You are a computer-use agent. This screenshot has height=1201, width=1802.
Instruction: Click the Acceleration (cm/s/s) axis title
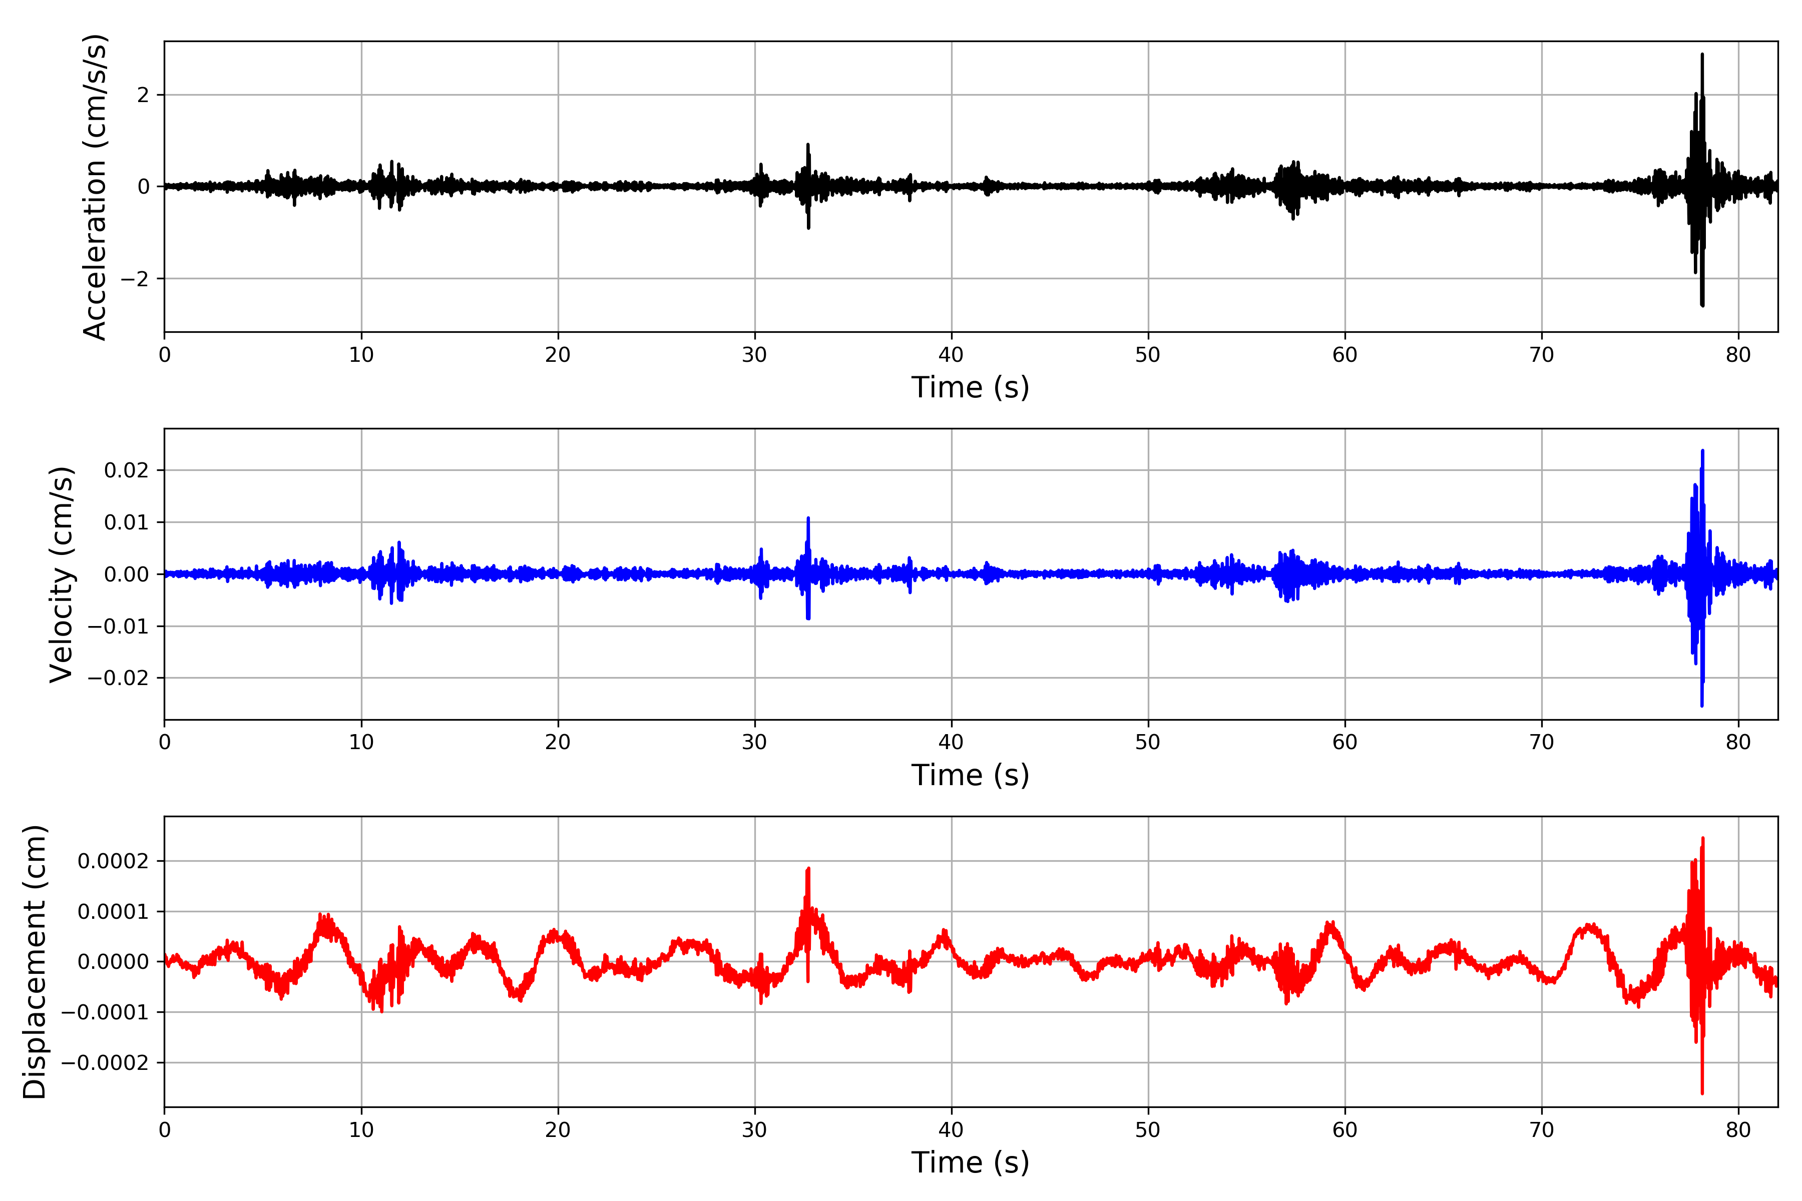coord(95,187)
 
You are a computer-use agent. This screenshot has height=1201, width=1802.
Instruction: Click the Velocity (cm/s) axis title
coord(61,574)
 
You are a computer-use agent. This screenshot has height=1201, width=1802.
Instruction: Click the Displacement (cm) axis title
coord(35,962)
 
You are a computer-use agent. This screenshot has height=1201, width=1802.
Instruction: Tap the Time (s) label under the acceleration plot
coord(970,387)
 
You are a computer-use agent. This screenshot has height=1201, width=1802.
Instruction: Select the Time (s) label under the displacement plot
coord(970,1162)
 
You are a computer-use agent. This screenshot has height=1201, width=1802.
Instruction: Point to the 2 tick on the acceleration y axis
coord(143,95)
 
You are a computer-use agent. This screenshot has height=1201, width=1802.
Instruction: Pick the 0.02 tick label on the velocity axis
coord(127,470)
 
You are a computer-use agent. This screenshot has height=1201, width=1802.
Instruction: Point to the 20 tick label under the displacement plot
coord(558,1130)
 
